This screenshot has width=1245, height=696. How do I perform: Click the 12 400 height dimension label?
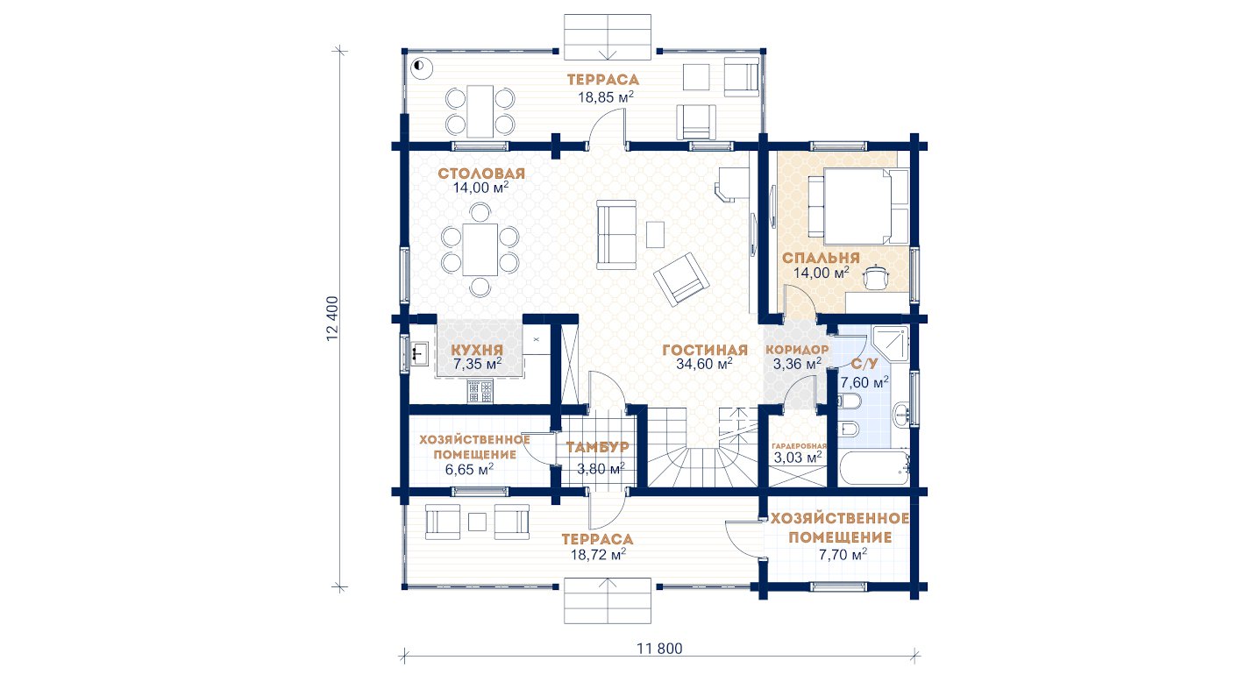click(331, 318)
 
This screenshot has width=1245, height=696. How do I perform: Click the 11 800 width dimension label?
click(659, 649)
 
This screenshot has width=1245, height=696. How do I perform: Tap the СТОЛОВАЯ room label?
click(481, 174)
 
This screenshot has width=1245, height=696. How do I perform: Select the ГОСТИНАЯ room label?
click(705, 350)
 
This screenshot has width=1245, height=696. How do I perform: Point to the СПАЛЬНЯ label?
click(821, 258)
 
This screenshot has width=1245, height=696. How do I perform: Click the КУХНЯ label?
click(477, 350)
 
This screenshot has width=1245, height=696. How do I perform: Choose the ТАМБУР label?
click(597, 447)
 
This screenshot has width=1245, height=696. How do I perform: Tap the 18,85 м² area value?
click(606, 97)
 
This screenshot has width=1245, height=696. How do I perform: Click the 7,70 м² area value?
click(843, 554)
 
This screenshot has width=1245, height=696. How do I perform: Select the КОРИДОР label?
click(797, 350)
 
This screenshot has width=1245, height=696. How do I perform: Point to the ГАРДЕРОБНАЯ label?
click(800, 446)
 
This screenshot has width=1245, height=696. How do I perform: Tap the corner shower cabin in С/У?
click(891, 344)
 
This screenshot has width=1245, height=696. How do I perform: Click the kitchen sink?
click(419, 354)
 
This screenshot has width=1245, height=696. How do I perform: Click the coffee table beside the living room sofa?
click(655, 234)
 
